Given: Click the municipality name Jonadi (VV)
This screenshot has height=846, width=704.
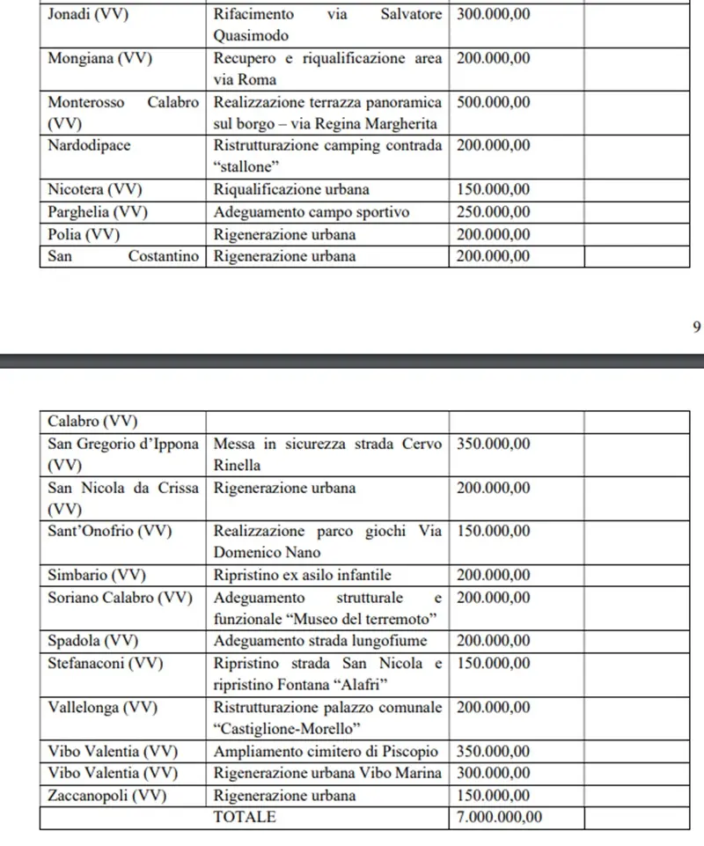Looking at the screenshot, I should tap(86, 15).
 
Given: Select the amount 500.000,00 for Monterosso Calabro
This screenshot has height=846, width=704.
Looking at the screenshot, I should tap(494, 102).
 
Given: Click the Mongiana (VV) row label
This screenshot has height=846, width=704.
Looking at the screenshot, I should tap(99, 59).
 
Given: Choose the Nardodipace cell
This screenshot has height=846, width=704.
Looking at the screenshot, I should tap(89, 145).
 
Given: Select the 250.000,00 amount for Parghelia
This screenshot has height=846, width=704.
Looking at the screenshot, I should tap(494, 212).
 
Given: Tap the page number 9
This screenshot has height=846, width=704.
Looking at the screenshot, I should tap(697, 327).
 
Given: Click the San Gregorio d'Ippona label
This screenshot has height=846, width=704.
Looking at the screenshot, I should tap(123, 444).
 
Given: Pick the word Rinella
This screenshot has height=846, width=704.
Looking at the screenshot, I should tap(238, 466).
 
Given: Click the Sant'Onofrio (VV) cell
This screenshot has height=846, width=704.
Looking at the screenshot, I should tap(109, 531).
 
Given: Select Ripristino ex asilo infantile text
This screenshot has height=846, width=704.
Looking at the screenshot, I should tap(302, 575).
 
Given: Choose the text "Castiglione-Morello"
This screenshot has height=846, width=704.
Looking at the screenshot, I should tap(288, 728).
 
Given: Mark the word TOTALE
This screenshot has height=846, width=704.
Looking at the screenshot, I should tap(244, 816).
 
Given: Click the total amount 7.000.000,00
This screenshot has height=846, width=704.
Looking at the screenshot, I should tap(499, 816).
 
